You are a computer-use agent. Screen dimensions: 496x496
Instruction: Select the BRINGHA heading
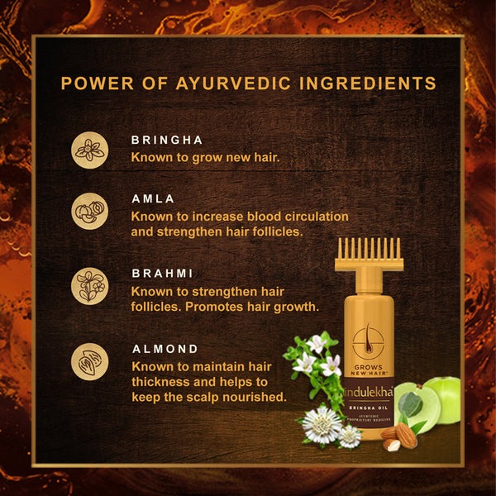[x=168, y=141]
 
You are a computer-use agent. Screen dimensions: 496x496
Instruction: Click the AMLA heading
[x=153, y=199]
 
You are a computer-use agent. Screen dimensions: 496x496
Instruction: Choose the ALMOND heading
[x=165, y=348]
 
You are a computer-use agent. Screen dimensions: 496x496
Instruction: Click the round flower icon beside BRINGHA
[x=88, y=148]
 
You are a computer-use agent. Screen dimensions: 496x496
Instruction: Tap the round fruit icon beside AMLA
[x=88, y=210]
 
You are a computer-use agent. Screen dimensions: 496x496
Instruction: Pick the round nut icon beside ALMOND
[x=88, y=362]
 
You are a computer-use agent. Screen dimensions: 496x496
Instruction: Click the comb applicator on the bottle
[x=369, y=255]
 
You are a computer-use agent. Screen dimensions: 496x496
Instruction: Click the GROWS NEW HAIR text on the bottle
[x=370, y=367]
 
